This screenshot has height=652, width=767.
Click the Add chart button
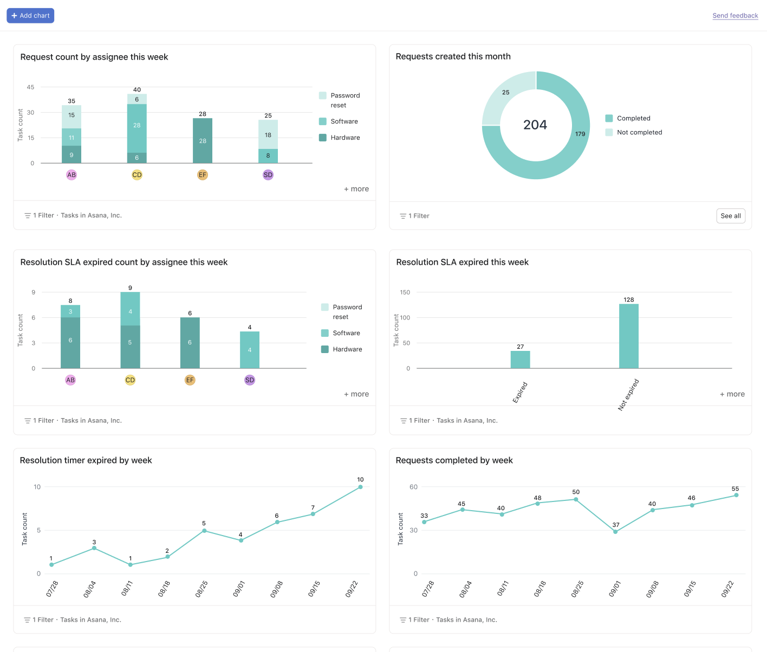pos(30,16)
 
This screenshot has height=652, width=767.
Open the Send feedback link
pos(735,16)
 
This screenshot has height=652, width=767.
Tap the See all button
pos(730,216)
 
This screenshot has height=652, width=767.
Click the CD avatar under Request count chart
pos(137,175)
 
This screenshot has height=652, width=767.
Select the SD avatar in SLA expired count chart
pos(250,380)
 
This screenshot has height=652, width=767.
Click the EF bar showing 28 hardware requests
pos(203,141)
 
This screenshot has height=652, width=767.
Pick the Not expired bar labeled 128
pos(628,336)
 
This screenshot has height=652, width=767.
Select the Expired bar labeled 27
pos(520,360)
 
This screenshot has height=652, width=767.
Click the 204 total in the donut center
pos(535,125)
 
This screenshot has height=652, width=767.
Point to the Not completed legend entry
pos(639,133)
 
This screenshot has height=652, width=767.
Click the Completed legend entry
pos(633,119)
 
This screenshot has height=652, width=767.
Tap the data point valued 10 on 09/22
pos(360,487)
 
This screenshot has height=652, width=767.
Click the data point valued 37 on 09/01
pos(615,532)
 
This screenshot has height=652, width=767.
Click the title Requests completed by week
pos(454,460)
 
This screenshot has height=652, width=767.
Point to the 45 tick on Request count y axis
pos(30,87)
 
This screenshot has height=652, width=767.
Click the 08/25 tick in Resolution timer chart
pos(201,589)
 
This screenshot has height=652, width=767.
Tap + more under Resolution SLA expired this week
pos(732,394)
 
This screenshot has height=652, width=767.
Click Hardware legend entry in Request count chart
pos(345,138)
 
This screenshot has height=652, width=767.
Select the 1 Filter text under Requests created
pos(419,216)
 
